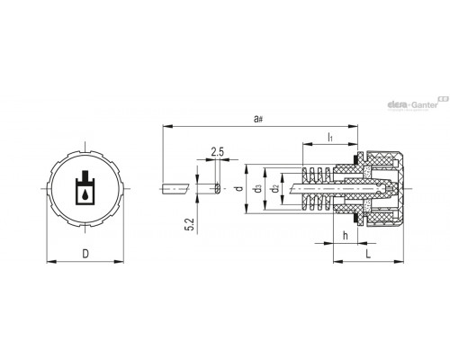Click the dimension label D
pyautogui.click(x=85, y=254)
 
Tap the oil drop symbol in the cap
pyautogui.click(x=85, y=195)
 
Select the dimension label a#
pyautogui.click(x=258, y=119)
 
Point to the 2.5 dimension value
pyautogui.click(x=217, y=152)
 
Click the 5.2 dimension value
pyautogui.click(x=191, y=224)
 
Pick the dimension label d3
pyautogui.click(x=257, y=189)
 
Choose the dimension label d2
pyautogui.click(x=274, y=189)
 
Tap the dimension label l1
pyautogui.click(x=330, y=137)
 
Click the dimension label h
pyautogui.click(x=346, y=236)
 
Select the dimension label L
pyautogui.click(x=368, y=254)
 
